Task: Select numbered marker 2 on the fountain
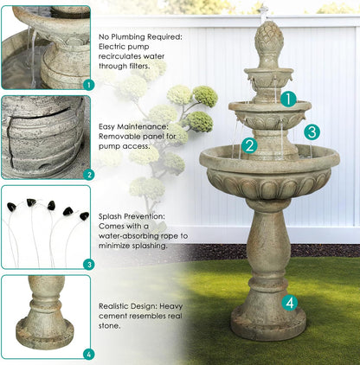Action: [x=249, y=145]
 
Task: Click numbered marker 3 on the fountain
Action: [x=312, y=131]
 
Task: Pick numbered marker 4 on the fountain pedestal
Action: [x=290, y=303]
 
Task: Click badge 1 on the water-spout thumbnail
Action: [x=87, y=85]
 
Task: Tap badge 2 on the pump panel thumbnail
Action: [x=87, y=174]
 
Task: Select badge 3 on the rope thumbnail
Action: [x=87, y=264]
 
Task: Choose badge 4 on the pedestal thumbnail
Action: [x=87, y=354]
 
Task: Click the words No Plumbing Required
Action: [x=139, y=38]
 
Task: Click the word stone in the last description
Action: [x=109, y=327]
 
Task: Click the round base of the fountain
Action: [x=267, y=325]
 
